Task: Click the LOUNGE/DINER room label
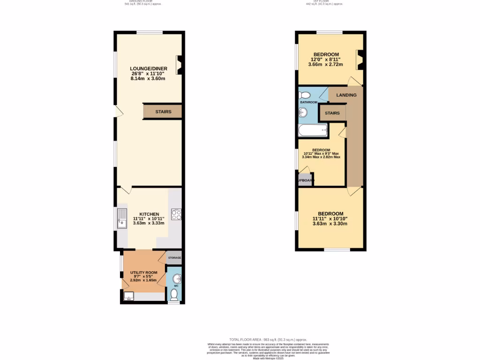149,68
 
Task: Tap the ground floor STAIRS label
163,112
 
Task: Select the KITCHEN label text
149,214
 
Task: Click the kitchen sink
122,218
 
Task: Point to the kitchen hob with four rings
177,215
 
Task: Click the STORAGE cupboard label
174,258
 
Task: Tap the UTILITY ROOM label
144,272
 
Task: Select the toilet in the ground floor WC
174,294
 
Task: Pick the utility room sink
129,295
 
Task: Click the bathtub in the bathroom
313,131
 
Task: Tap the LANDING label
346,95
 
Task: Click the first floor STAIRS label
332,113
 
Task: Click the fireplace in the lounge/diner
179,65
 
